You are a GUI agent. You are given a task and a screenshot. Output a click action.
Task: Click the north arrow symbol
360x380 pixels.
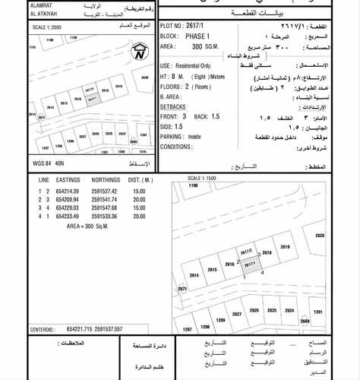[139, 52]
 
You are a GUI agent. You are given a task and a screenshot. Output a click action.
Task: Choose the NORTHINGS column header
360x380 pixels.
[105, 179]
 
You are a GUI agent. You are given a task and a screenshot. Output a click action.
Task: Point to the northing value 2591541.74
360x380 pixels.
[105, 198]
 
